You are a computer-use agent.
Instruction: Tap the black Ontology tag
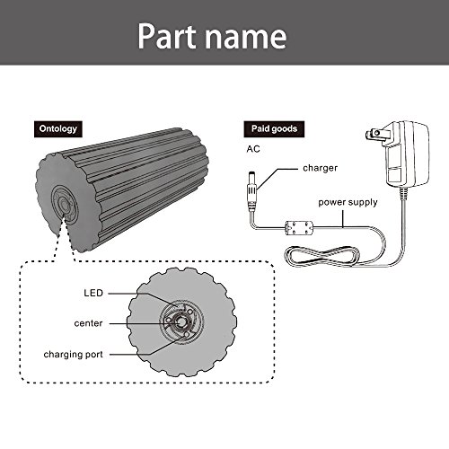click(58, 129)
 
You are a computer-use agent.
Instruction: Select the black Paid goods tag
click(274, 129)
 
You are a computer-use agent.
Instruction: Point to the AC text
click(253, 149)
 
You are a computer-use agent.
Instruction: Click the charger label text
click(320, 168)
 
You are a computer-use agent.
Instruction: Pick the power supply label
click(348, 203)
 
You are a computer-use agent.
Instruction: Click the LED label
click(93, 293)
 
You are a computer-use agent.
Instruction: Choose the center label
click(88, 323)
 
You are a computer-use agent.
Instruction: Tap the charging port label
click(73, 355)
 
